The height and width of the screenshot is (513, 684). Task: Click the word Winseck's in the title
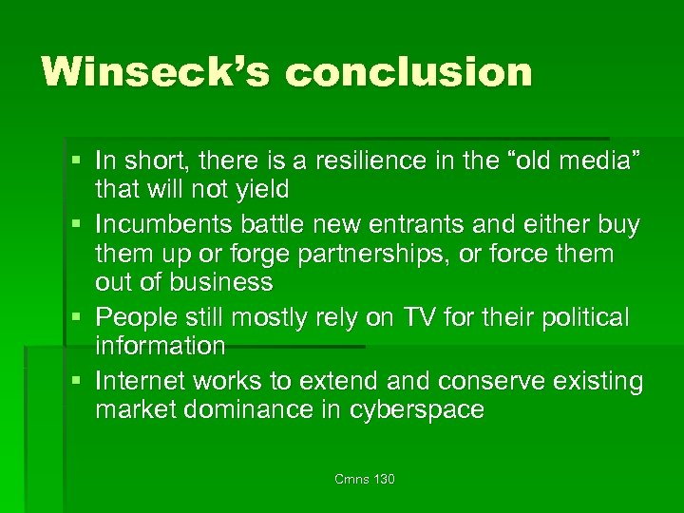click(146, 72)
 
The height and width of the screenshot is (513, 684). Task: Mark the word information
click(160, 345)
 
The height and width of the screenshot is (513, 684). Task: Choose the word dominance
click(244, 409)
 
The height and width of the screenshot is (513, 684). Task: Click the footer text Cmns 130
click(364, 480)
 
